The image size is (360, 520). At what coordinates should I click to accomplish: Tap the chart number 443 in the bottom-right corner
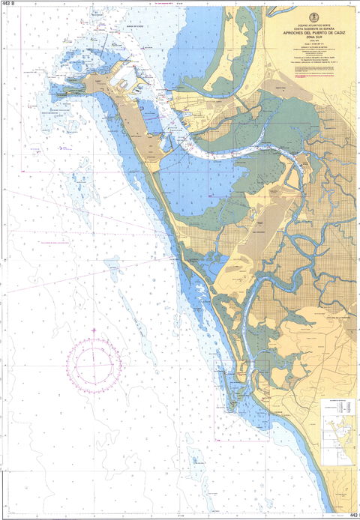(353, 516)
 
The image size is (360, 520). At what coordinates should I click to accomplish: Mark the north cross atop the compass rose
(94, 330)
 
